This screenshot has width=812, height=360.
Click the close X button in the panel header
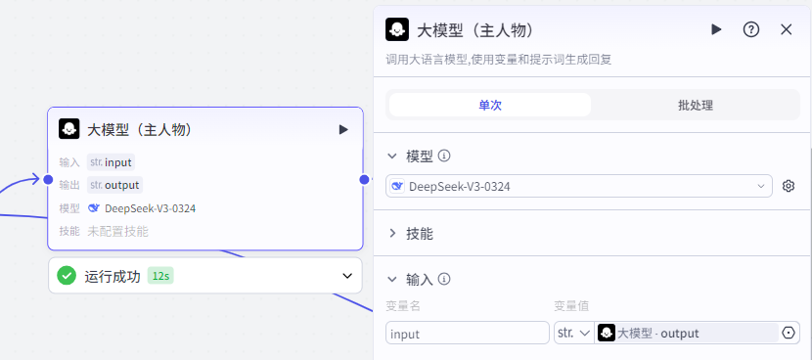pyautogui.click(x=786, y=29)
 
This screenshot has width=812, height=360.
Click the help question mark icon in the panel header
pyautogui.click(x=751, y=29)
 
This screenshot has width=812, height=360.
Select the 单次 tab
pyautogui.click(x=489, y=106)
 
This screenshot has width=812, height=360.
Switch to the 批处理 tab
pyautogui.click(x=695, y=106)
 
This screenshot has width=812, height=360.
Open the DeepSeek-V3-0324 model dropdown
pyautogui.click(x=579, y=186)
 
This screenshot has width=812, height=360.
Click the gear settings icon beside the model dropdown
pyautogui.click(x=789, y=186)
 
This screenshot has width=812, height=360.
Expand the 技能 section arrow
pyautogui.click(x=393, y=233)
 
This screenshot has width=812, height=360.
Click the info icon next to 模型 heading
pyautogui.click(x=444, y=156)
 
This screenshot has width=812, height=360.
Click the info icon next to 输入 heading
pyautogui.click(x=444, y=280)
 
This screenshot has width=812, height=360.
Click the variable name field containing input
pyautogui.click(x=468, y=334)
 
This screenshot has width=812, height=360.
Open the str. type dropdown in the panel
pyautogui.click(x=573, y=334)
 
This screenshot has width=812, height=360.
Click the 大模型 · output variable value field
pyautogui.click(x=685, y=334)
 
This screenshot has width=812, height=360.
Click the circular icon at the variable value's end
pyautogui.click(x=789, y=334)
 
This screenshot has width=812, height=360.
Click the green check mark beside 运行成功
pyautogui.click(x=67, y=276)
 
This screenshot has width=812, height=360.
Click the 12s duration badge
pyautogui.click(x=160, y=276)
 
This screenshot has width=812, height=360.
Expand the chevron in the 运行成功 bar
pyautogui.click(x=347, y=276)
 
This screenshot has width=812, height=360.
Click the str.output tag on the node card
pyautogui.click(x=114, y=185)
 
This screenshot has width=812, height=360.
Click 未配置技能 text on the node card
pyautogui.click(x=117, y=232)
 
